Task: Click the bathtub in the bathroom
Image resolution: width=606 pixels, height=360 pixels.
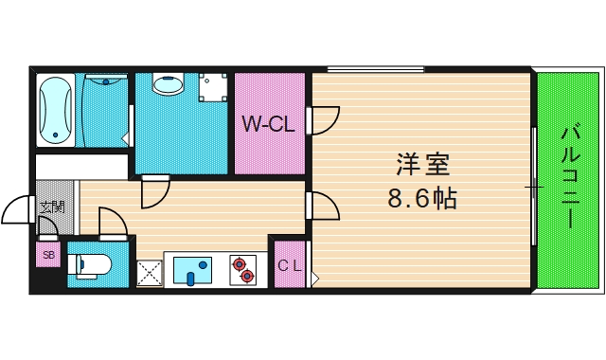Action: pos(56,109)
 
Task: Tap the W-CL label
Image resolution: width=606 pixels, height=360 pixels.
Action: pos(268,124)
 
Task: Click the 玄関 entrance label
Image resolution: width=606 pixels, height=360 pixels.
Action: pos(52,206)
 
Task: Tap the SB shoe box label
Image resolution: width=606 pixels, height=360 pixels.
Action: pos(48,255)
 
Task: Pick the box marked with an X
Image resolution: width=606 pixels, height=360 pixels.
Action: pos(149,274)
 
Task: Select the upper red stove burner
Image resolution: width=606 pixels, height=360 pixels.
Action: pos(240,262)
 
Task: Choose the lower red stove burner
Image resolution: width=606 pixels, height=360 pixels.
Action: pos(248,276)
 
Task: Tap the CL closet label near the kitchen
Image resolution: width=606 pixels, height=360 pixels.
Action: pos(289,266)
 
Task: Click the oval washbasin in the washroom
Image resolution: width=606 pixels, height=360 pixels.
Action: pos(169,86)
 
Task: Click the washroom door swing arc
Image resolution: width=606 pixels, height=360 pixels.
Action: pos(153,194)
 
